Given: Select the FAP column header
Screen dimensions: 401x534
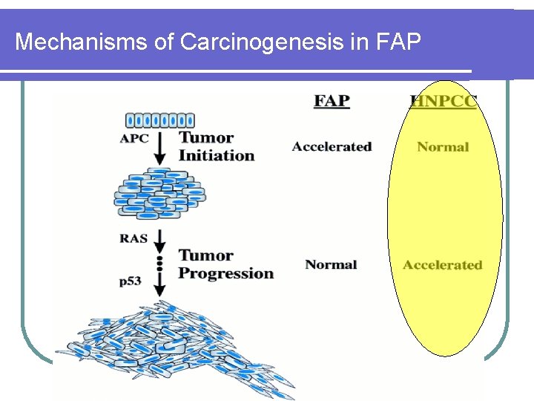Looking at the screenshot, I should [332, 101].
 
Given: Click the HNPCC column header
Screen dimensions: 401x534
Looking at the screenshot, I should [444, 102].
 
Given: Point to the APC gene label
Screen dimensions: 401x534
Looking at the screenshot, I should [133, 138].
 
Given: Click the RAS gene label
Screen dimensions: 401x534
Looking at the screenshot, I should [133, 238].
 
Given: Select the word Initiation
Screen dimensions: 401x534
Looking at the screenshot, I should [217, 156].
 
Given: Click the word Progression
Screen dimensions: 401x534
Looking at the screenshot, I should [226, 273].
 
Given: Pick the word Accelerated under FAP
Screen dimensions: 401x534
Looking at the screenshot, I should [332, 147].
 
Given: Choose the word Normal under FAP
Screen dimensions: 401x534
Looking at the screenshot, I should [331, 264].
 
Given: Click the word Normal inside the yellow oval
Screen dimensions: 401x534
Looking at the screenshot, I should [443, 147].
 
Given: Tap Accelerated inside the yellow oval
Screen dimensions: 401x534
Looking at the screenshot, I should [442, 265].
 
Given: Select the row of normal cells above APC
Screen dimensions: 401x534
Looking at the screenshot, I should [159, 120].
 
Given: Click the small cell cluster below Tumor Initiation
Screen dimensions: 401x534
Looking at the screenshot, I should [159, 194].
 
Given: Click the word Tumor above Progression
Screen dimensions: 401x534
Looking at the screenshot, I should [206, 255].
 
